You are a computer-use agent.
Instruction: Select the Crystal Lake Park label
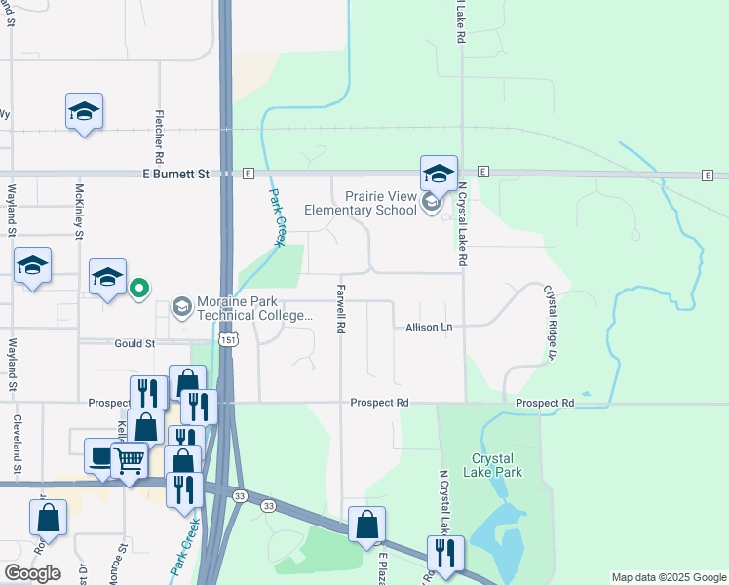click(x=497, y=465)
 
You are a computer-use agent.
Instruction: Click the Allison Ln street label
click(x=430, y=328)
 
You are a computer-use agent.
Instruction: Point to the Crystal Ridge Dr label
click(x=549, y=322)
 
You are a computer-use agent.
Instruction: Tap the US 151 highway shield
click(x=227, y=339)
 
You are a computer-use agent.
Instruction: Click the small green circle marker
click(x=140, y=288)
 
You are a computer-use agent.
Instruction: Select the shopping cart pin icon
click(x=129, y=458)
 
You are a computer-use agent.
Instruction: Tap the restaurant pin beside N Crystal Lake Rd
click(x=445, y=552)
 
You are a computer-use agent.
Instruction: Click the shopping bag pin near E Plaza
click(x=366, y=524)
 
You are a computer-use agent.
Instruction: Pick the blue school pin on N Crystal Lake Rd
click(x=439, y=174)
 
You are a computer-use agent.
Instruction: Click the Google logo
click(x=32, y=573)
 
